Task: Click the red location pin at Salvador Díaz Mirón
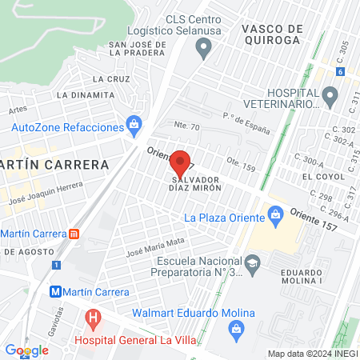pyautogui.click(x=182, y=163)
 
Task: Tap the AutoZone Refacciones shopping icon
pyautogui.click(x=133, y=125)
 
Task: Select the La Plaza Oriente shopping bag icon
pyautogui.click(x=276, y=215)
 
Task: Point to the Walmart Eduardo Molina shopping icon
pyautogui.click(x=236, y=328)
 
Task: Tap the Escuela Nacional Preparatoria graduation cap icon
pyautogui.click(x=253, y=262)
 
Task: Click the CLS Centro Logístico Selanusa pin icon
pyautogui.click(x=204, y=51)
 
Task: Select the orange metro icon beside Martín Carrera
pyautogui.click(x=74, y=234)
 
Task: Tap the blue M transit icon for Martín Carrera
pyautogui.click(x=57, y=291)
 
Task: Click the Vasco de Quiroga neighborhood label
pyautogui.click(x=271, y=34)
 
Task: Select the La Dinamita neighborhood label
pyautogui.click(x=85, y=94)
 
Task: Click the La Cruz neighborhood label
pyautogui.click(x=110, y=79)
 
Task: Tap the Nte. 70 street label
pyautogui.click(x=186, y=126)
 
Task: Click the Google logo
pyautogui.click(x=26, y=350)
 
